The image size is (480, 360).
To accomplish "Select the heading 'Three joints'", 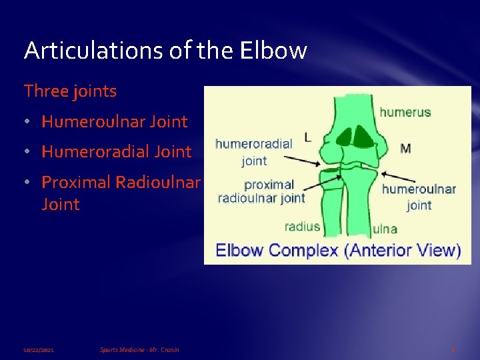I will tap(70, 91).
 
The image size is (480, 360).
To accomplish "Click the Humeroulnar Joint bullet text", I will tap(114, 121).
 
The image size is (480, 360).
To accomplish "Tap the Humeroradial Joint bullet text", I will tap(116, 151).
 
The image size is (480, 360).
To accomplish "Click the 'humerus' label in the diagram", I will tap(405, 112).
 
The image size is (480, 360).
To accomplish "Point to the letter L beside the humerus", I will tap(307, 137).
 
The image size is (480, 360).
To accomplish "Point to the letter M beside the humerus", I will tap(405, 148).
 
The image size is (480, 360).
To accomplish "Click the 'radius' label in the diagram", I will tap(302, 226).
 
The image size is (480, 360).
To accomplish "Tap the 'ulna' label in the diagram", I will tap(385, 229).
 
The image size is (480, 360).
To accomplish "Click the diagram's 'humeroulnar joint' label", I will tap(419, 197).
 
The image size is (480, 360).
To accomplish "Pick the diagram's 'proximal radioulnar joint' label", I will tap(261, 191).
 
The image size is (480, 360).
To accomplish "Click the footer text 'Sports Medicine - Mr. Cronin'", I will tap(139, 349).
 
